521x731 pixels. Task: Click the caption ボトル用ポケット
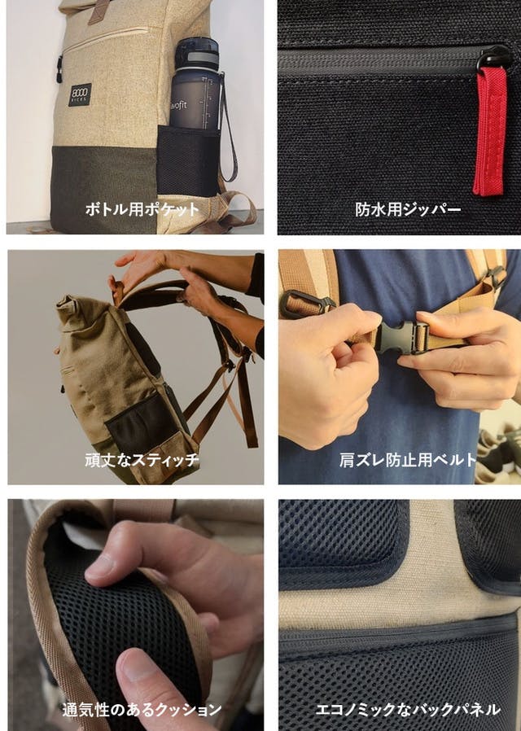[142, 208]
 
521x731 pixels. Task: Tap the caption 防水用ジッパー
[408, 209]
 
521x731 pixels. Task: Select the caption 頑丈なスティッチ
[142, 460]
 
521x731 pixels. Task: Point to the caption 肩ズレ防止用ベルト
[408, 460]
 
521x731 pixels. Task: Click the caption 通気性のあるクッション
[142, 710]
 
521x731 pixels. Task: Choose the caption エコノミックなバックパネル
[408, 710]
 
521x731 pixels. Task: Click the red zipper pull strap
[490, 130]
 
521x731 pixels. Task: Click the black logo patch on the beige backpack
[80, 94]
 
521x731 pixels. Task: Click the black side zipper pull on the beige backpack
[59, 69]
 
